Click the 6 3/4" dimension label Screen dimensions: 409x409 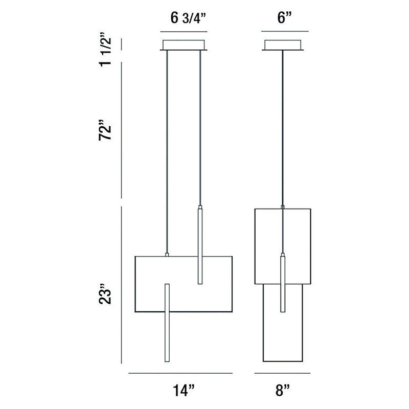(188, 18)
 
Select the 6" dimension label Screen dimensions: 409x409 (284, 18)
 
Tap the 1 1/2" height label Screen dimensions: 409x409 (105, 50)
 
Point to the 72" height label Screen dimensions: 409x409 (105, 130)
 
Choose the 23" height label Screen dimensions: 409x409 (105, 293)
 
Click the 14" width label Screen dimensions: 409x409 (184, 391)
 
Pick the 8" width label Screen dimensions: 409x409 (283, 391)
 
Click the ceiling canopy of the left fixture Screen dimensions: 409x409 (184, 45)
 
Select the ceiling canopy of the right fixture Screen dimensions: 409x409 (283, 45)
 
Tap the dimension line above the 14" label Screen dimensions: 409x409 (180, 373)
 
